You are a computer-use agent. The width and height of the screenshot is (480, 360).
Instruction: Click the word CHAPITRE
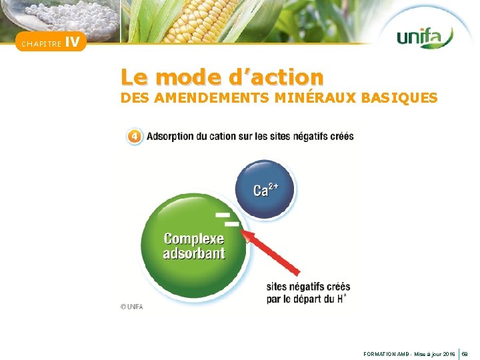41,45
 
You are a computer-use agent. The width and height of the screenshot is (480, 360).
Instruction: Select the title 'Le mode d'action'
222,77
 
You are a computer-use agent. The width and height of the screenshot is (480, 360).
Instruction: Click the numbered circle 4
135,137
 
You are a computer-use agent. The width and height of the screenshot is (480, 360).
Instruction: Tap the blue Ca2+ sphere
265,190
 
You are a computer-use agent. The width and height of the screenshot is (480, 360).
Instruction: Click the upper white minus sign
222,215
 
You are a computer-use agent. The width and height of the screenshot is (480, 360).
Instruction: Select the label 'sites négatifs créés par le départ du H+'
308,293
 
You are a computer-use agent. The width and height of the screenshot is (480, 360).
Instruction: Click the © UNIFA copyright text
131,307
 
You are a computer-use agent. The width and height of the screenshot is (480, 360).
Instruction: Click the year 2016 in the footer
449,355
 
